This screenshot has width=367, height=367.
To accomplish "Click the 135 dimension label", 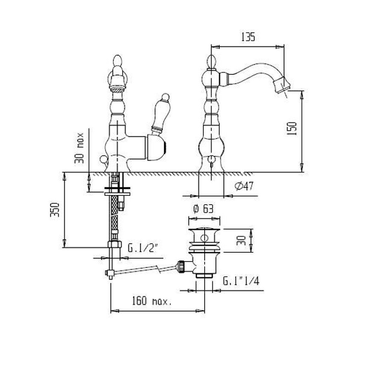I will click(247, 38).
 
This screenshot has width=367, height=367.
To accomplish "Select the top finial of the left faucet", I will click(118, 62).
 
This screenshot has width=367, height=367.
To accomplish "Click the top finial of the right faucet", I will click(212, 61).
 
